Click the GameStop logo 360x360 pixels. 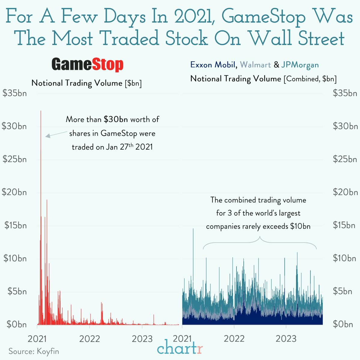(87, 65)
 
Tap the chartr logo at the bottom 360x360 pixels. (180, 348)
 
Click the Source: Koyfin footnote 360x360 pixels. (34, 351)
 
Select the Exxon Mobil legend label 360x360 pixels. (212, 65)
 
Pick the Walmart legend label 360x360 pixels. (255, 65)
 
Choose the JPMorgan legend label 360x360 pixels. (300, 65)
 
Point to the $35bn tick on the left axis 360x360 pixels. (14, 93)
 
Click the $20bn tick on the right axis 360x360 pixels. (345, 192)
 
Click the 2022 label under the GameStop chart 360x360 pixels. (89, 339)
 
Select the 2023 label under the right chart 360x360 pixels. (286, 339)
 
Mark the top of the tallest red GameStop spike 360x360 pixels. (41, 111)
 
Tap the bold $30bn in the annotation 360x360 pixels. (116, 120)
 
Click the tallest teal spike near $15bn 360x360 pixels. (193, 229)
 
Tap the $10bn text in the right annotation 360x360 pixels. (300, 226)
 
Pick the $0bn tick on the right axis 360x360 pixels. (343, 324)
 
